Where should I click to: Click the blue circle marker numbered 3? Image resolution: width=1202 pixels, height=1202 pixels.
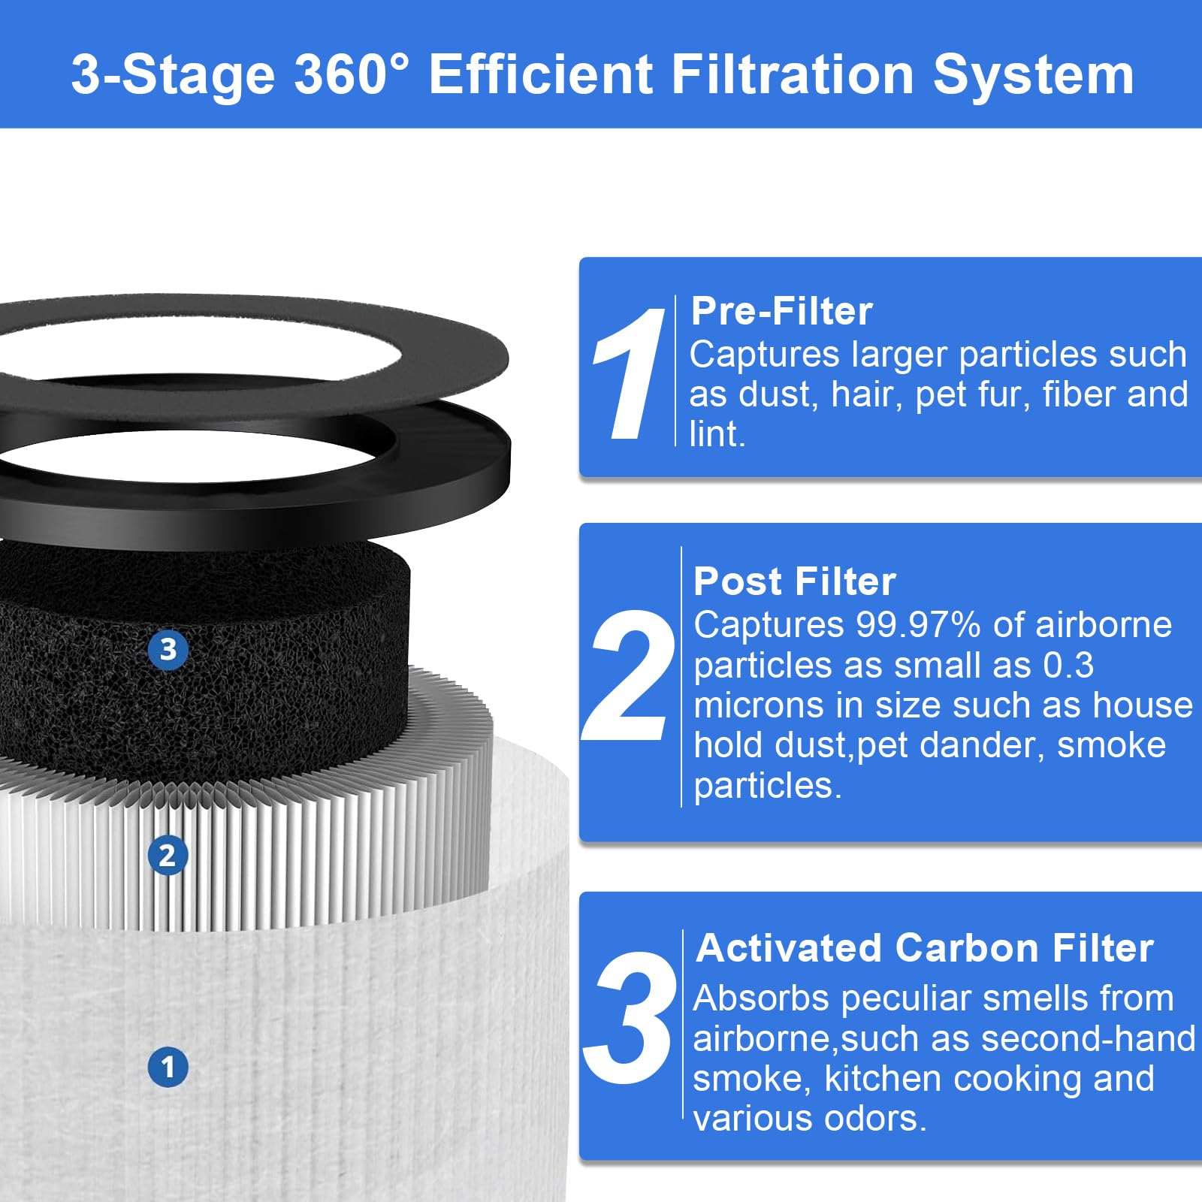pos(168,650)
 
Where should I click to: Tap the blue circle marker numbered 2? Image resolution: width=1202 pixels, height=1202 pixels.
pos(167,856)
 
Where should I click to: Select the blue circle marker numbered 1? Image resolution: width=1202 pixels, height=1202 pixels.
pos(168,1067)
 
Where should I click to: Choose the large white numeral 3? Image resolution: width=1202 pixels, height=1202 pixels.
pos(630,1019)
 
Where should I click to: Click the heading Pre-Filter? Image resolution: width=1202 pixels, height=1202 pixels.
pos(781,311)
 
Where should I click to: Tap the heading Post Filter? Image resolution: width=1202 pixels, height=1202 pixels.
pos(794,581)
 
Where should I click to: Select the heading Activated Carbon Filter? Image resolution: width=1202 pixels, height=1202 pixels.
pos(924,948)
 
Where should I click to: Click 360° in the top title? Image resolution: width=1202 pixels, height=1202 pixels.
pos(352,75)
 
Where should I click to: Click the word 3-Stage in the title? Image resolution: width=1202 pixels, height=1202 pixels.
pos(173,75)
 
